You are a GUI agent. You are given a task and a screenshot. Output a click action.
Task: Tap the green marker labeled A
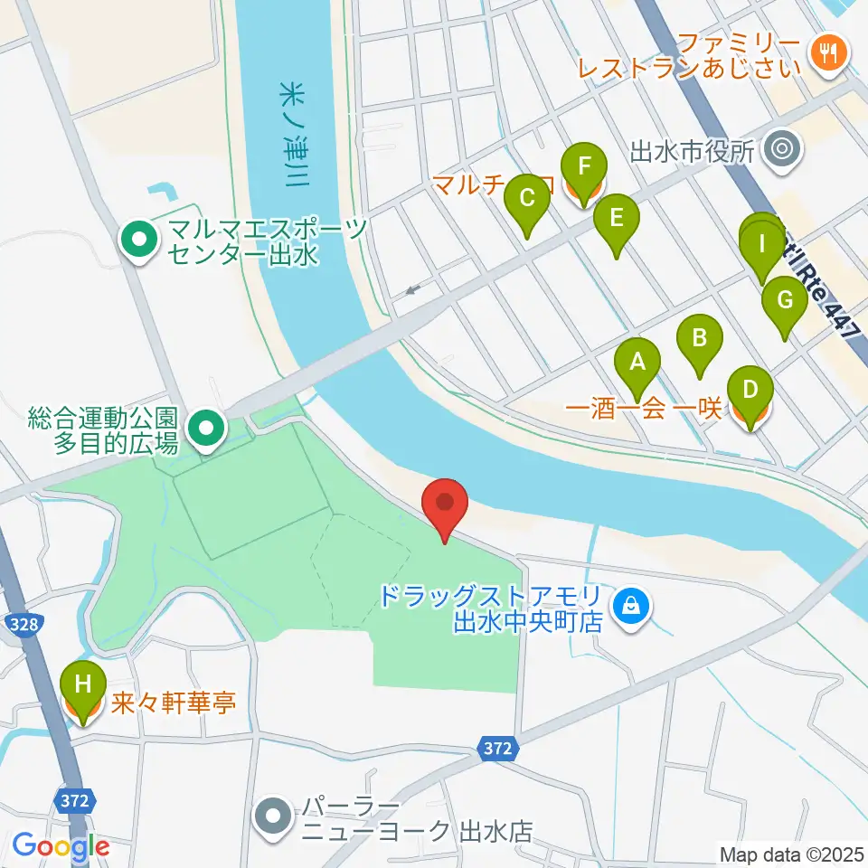pos(637,363)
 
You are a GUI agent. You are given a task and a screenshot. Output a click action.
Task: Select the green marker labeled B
pos(699,340)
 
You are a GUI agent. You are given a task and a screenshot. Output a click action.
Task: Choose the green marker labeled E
pos(617,220)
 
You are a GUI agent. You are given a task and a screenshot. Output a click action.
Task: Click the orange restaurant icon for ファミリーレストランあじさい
pos(826,51)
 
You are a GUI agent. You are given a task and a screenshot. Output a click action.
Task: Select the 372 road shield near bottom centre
pos(496,749)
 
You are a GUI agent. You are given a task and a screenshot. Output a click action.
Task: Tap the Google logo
pos(61,846)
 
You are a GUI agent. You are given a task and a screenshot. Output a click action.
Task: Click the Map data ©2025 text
pos(791,854)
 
